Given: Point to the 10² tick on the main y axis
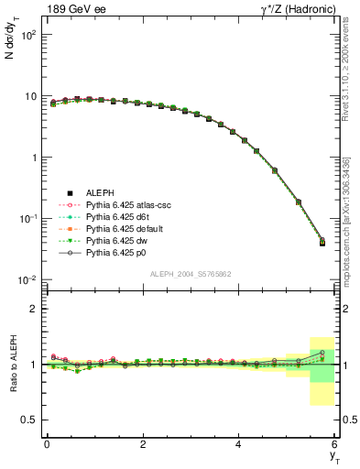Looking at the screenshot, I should click(x=29, y=35).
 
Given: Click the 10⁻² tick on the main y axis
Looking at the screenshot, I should click(x=29, y=279).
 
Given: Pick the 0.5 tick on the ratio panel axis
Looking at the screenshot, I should click(x=31, y=420).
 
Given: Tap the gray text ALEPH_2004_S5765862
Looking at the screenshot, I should click(x=190, y=275).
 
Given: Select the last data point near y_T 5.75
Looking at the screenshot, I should click(x=322, y=243).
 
